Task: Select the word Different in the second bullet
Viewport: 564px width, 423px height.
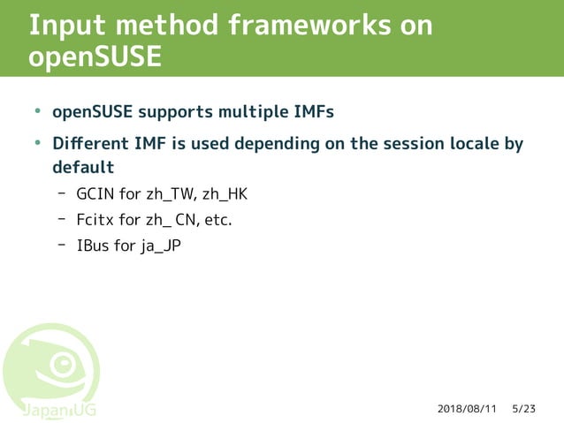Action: coord(87,143)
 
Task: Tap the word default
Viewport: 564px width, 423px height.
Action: coord(83,166)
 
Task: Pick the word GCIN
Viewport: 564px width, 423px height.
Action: coord(95,194)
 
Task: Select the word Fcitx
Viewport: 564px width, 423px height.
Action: coord(95,220)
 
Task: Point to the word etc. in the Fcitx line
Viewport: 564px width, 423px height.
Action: coord(217,220)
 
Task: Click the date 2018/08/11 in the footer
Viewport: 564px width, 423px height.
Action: coord(467,410)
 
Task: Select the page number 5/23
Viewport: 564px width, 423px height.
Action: coord(523,410)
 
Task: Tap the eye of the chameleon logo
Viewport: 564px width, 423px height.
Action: coord(63,361)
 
